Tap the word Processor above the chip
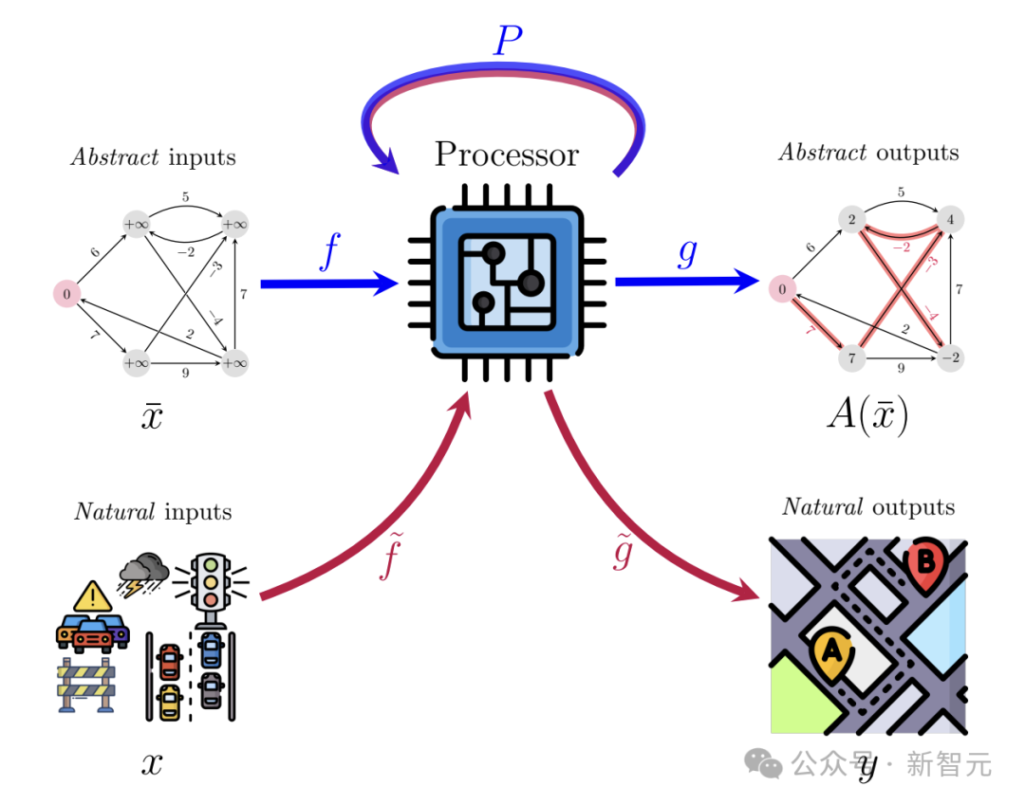click(506, 154)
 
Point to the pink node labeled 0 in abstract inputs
click(65, 295)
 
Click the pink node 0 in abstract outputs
click(782, 289)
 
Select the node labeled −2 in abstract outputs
click(950, 358)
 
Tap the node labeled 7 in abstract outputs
click(852, 359)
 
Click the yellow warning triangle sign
click(92, 596)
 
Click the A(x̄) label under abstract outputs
click(867, 416)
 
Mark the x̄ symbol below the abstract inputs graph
click(152, 416)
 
